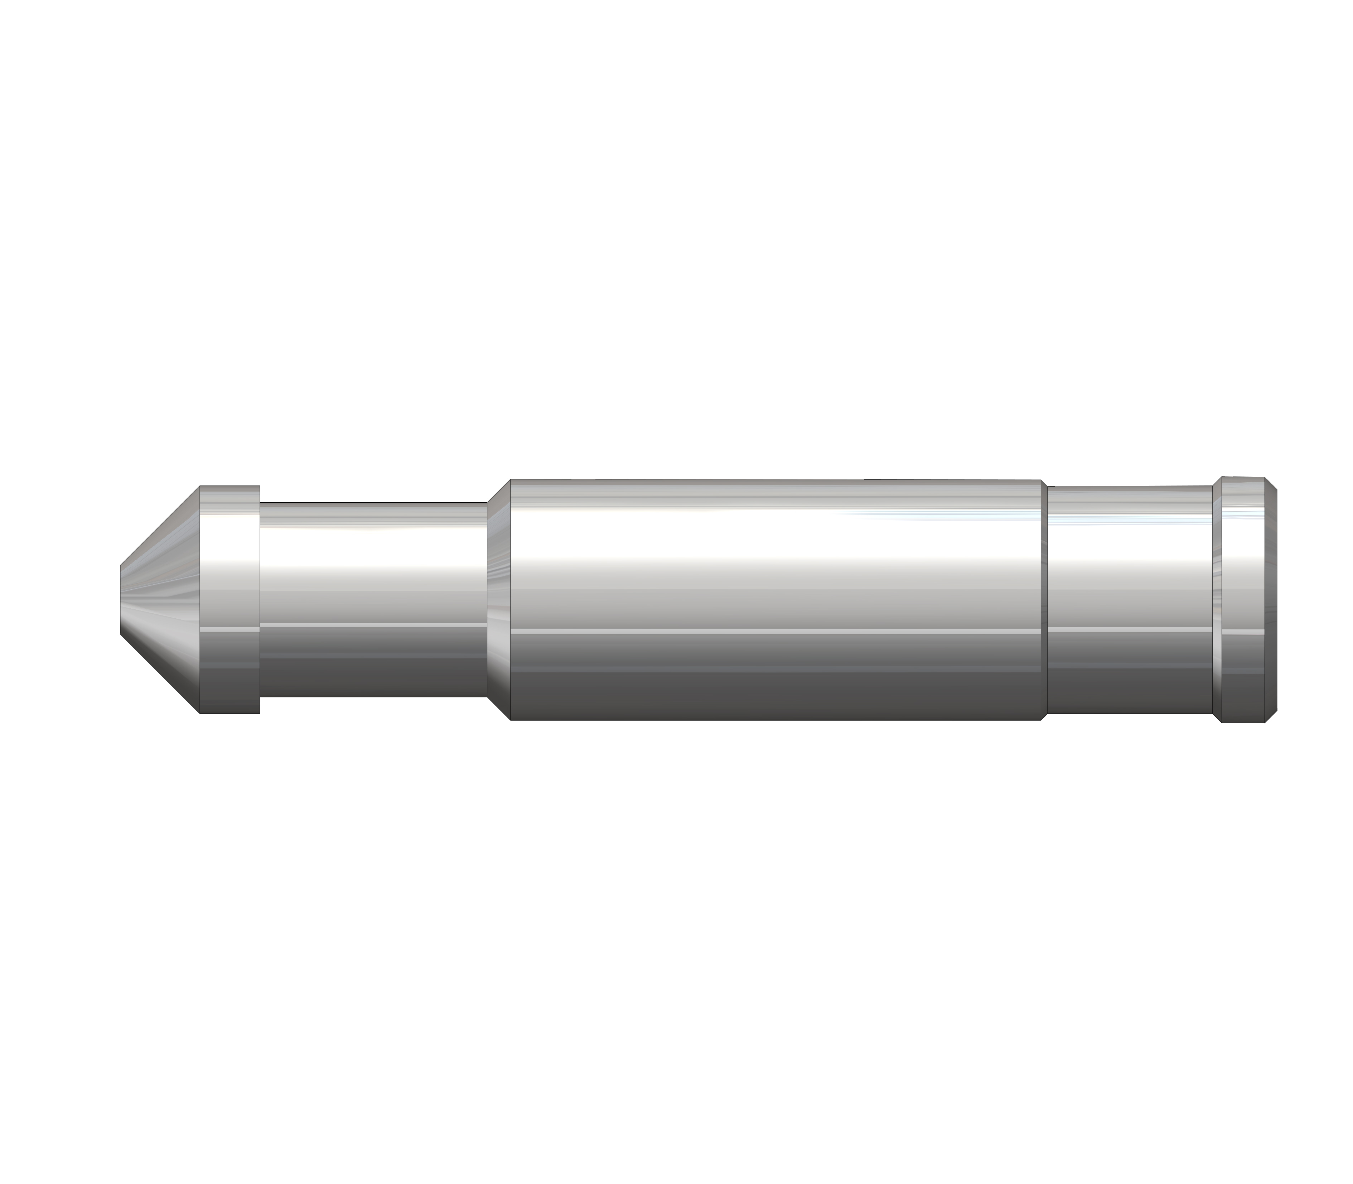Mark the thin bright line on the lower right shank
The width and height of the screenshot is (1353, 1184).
pos(1130,632)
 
